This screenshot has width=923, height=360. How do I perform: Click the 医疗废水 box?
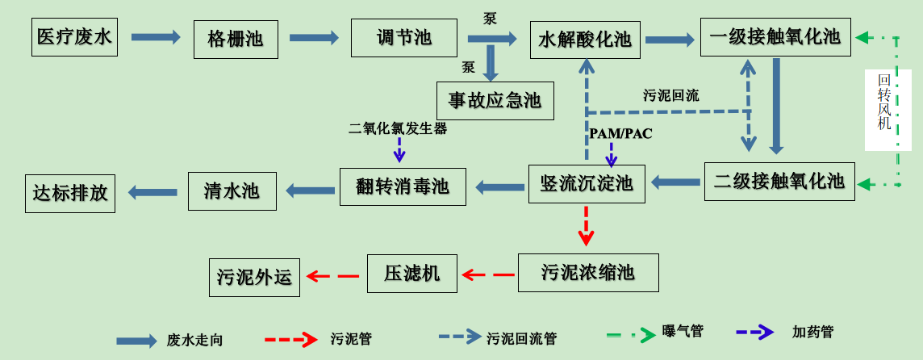[x=74, y=37]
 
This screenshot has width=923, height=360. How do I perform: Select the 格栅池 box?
[x=236, y=39]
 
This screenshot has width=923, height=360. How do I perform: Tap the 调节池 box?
[x=404, y=37]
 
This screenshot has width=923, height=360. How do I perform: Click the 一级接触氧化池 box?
[x=775, y=36]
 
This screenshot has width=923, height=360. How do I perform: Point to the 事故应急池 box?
[x=495, y=100]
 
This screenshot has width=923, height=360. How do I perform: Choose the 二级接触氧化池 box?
[x=779, y=181]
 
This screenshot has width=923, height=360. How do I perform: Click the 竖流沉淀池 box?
[x=587, y=183]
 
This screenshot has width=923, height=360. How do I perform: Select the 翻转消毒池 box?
[x=403, y=186]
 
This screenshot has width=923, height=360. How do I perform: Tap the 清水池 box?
[x=232, y=190]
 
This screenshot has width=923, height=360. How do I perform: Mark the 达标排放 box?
[x=70, y=193]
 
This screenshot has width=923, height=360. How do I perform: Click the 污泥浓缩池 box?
[x=588, y=272]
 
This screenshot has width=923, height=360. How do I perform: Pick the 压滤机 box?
[x=411, y=273]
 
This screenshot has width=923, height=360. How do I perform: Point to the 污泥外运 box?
[x=254, y=277]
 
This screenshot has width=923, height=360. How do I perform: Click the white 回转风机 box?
[x=887, y=110]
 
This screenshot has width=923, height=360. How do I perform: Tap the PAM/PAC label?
[x=620, y=133]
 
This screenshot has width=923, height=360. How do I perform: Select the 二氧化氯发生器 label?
[x=398, y=128]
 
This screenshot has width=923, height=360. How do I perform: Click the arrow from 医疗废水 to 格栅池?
[x=156, y=37]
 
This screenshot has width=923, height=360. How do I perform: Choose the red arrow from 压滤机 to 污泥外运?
[x=332, y=276]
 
